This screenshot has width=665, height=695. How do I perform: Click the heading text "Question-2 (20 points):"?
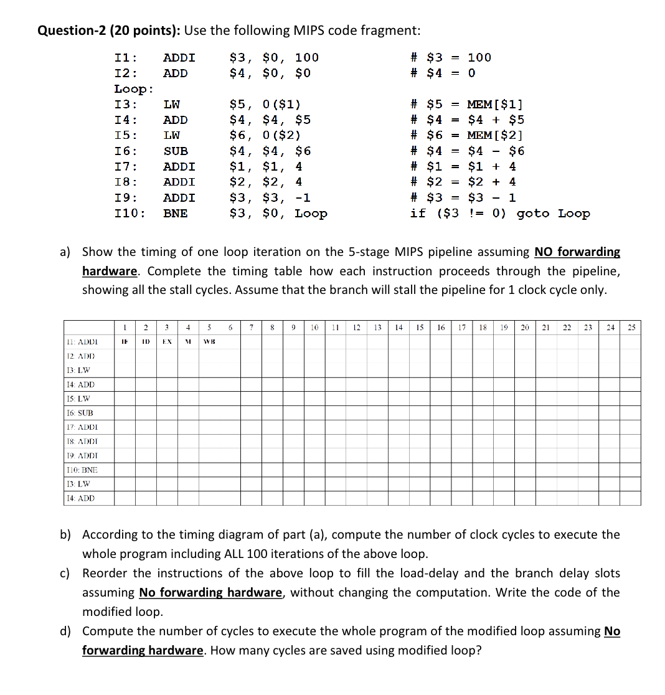110,31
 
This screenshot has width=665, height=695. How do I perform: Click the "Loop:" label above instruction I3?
134,89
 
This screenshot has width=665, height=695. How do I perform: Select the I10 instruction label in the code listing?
130,214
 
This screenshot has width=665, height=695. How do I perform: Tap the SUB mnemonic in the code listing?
176,151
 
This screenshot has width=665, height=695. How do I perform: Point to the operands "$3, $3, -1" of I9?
270,198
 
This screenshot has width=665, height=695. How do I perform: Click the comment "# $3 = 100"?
451,58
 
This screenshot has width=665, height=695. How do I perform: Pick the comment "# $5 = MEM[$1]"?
467,105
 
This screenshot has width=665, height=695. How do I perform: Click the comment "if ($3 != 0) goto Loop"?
500,214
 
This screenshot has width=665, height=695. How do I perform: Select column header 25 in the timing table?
631,328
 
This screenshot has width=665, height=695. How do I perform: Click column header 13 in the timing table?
377,328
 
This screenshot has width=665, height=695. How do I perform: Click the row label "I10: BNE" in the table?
82,470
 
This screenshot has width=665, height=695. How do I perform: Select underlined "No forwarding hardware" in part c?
211,593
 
